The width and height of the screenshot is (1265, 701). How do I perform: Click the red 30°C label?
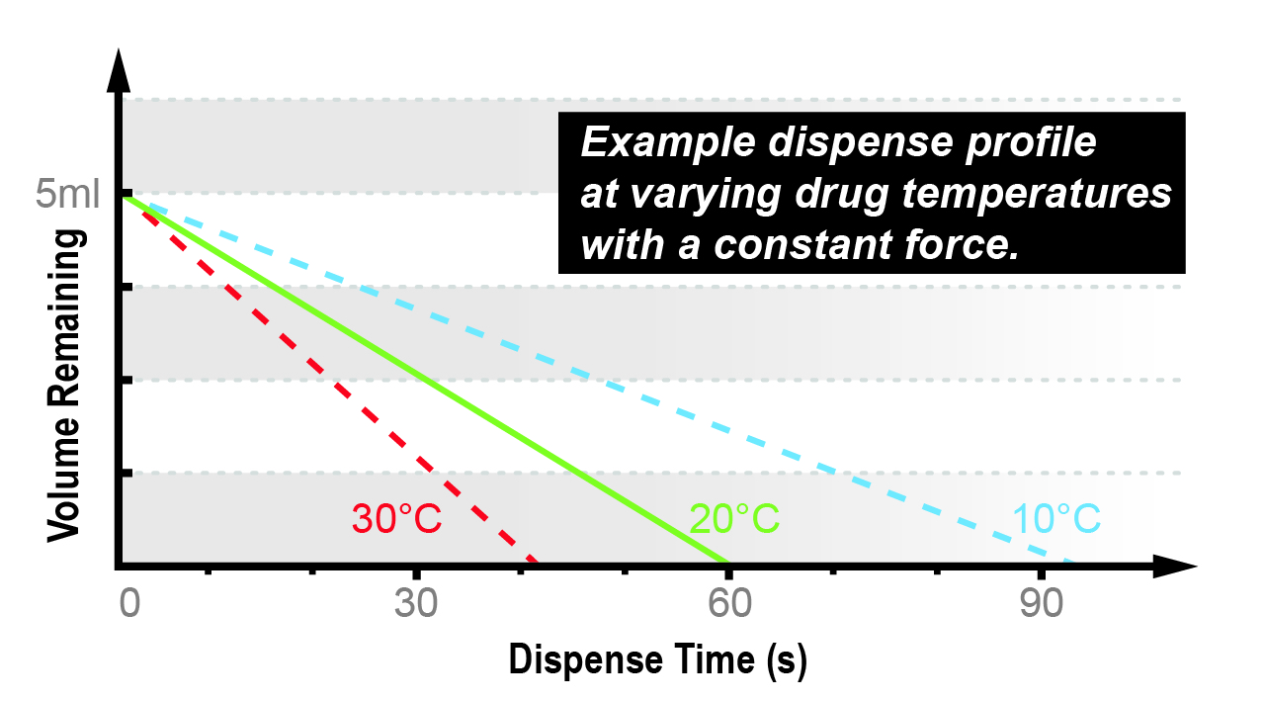(x=395, y=518)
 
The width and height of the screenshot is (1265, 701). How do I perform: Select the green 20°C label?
(x=734, y=518)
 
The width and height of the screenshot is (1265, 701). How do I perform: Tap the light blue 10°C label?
(x=1056, y=518)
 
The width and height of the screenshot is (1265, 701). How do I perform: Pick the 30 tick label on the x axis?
(x=417, y=604)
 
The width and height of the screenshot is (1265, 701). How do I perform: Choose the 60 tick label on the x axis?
(x=728, y=604)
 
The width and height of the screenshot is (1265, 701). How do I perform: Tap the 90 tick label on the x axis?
(x=1042, y=604)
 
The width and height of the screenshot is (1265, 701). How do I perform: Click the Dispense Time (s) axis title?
(x=657, y=659)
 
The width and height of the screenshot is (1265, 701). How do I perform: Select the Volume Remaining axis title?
(x=63, y=386)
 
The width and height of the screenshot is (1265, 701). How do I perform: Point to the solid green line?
(x=425, y=381)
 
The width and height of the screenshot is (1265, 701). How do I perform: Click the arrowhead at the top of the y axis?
(x=120, y=66)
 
